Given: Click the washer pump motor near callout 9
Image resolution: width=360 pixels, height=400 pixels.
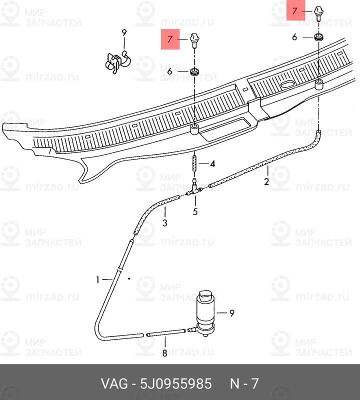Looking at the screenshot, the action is [x=205, y=313].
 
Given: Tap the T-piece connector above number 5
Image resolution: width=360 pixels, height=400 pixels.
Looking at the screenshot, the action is [x=194, y=189].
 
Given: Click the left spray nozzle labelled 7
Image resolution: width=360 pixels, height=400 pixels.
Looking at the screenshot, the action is [x=194, y=40].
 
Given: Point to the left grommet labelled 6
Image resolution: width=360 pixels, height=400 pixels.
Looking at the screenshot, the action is [x=195, y=72].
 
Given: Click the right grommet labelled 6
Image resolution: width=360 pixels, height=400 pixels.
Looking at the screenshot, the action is [x=318, y=36].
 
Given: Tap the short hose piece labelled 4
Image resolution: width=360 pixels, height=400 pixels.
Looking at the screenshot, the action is [x=194, y=164].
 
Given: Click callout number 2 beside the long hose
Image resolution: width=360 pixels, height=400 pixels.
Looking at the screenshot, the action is [x=266, y=181].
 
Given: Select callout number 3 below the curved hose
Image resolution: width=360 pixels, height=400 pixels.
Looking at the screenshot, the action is [x=165, y=222].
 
